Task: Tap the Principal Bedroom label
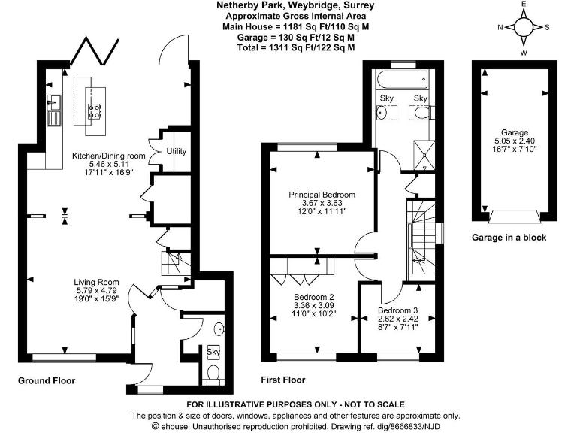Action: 322,195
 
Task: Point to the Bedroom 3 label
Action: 397,310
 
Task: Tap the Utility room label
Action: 176,152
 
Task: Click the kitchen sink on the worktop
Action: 55,110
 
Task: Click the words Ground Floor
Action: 47,381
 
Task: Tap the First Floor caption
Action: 284,381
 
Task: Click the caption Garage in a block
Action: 509,238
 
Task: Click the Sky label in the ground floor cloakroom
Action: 213,352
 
